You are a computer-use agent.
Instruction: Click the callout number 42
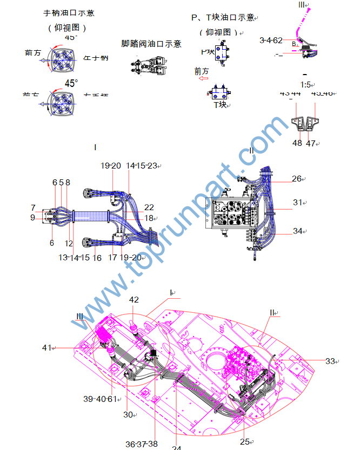pyautogui.click(x=134, y=300)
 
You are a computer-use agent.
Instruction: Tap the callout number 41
pyautogui.click(x=48, y=347)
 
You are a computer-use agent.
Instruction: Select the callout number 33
pyautogui.click(x=329, y=361)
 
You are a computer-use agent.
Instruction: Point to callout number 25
pyautogui.click(x=244, y=441)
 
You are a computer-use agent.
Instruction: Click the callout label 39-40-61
pyautogui.click(x=100, y=399)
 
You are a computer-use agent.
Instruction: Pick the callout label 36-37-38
pyautogui.click(x=141, y=444)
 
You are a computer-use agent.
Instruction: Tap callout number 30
pyautogui.click(x=128, y=414)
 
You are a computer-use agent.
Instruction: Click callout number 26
pyautogui.click(x=297, y=179)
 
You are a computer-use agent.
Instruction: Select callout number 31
pyautogui.click(x=297, y=203)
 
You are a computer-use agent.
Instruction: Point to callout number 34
pyautogui.click(x=297, y=231)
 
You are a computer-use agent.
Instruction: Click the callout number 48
pyautogui.click(x=297, y=143)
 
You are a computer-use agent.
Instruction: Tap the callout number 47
pyautogui.click(x=311, y=143)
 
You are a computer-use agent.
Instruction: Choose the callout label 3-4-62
pyautogui.click(x=271, y=40)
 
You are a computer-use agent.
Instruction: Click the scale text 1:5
pyautogui.click(x=306, y=85)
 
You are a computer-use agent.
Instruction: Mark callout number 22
pyautogui.click(x=149, y=207)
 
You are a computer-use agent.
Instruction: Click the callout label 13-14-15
pyautogui.click(x=74, y=258)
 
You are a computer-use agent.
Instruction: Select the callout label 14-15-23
pyautogui.click(x=141, y=166)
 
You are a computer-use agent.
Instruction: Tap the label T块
pyautogui.click(x=219, y=105)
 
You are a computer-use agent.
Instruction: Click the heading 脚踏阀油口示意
pyautogui.click(x=151, y=44)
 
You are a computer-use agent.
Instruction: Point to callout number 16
pyautogui.click(x=97, y=258)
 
